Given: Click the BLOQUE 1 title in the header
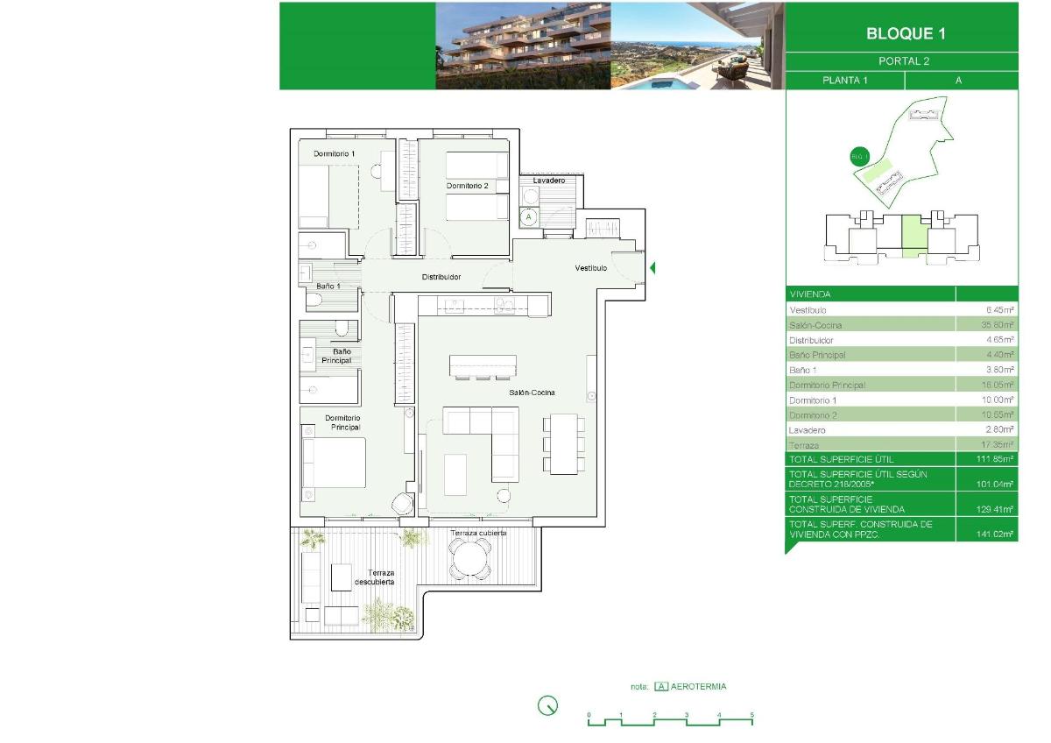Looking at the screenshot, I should (905, 34).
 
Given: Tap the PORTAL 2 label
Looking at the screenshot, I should (903, 61).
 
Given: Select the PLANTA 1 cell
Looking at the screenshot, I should (844, 81).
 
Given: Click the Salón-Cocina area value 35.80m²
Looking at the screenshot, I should (998, 325).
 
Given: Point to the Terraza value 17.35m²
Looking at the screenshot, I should (998, 445).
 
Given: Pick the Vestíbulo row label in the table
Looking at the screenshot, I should (808, 310).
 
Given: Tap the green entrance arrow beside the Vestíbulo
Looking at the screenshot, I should (652, 267).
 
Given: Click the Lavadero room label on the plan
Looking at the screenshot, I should (548, 180).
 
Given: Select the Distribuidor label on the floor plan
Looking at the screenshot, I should (441, 277).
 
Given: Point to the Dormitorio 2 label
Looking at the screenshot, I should (467, 186).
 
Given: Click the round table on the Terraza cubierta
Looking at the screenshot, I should (471, 558).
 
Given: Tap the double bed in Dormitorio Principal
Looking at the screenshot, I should (334, 462).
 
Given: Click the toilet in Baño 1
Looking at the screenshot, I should (316, 301).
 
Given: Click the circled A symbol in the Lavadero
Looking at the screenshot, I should (528, 216).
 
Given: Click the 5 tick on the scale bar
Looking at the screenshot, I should (751, 716).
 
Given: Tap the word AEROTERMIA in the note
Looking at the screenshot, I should (700, 687).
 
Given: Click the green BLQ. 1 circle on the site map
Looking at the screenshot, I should (859, 158).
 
